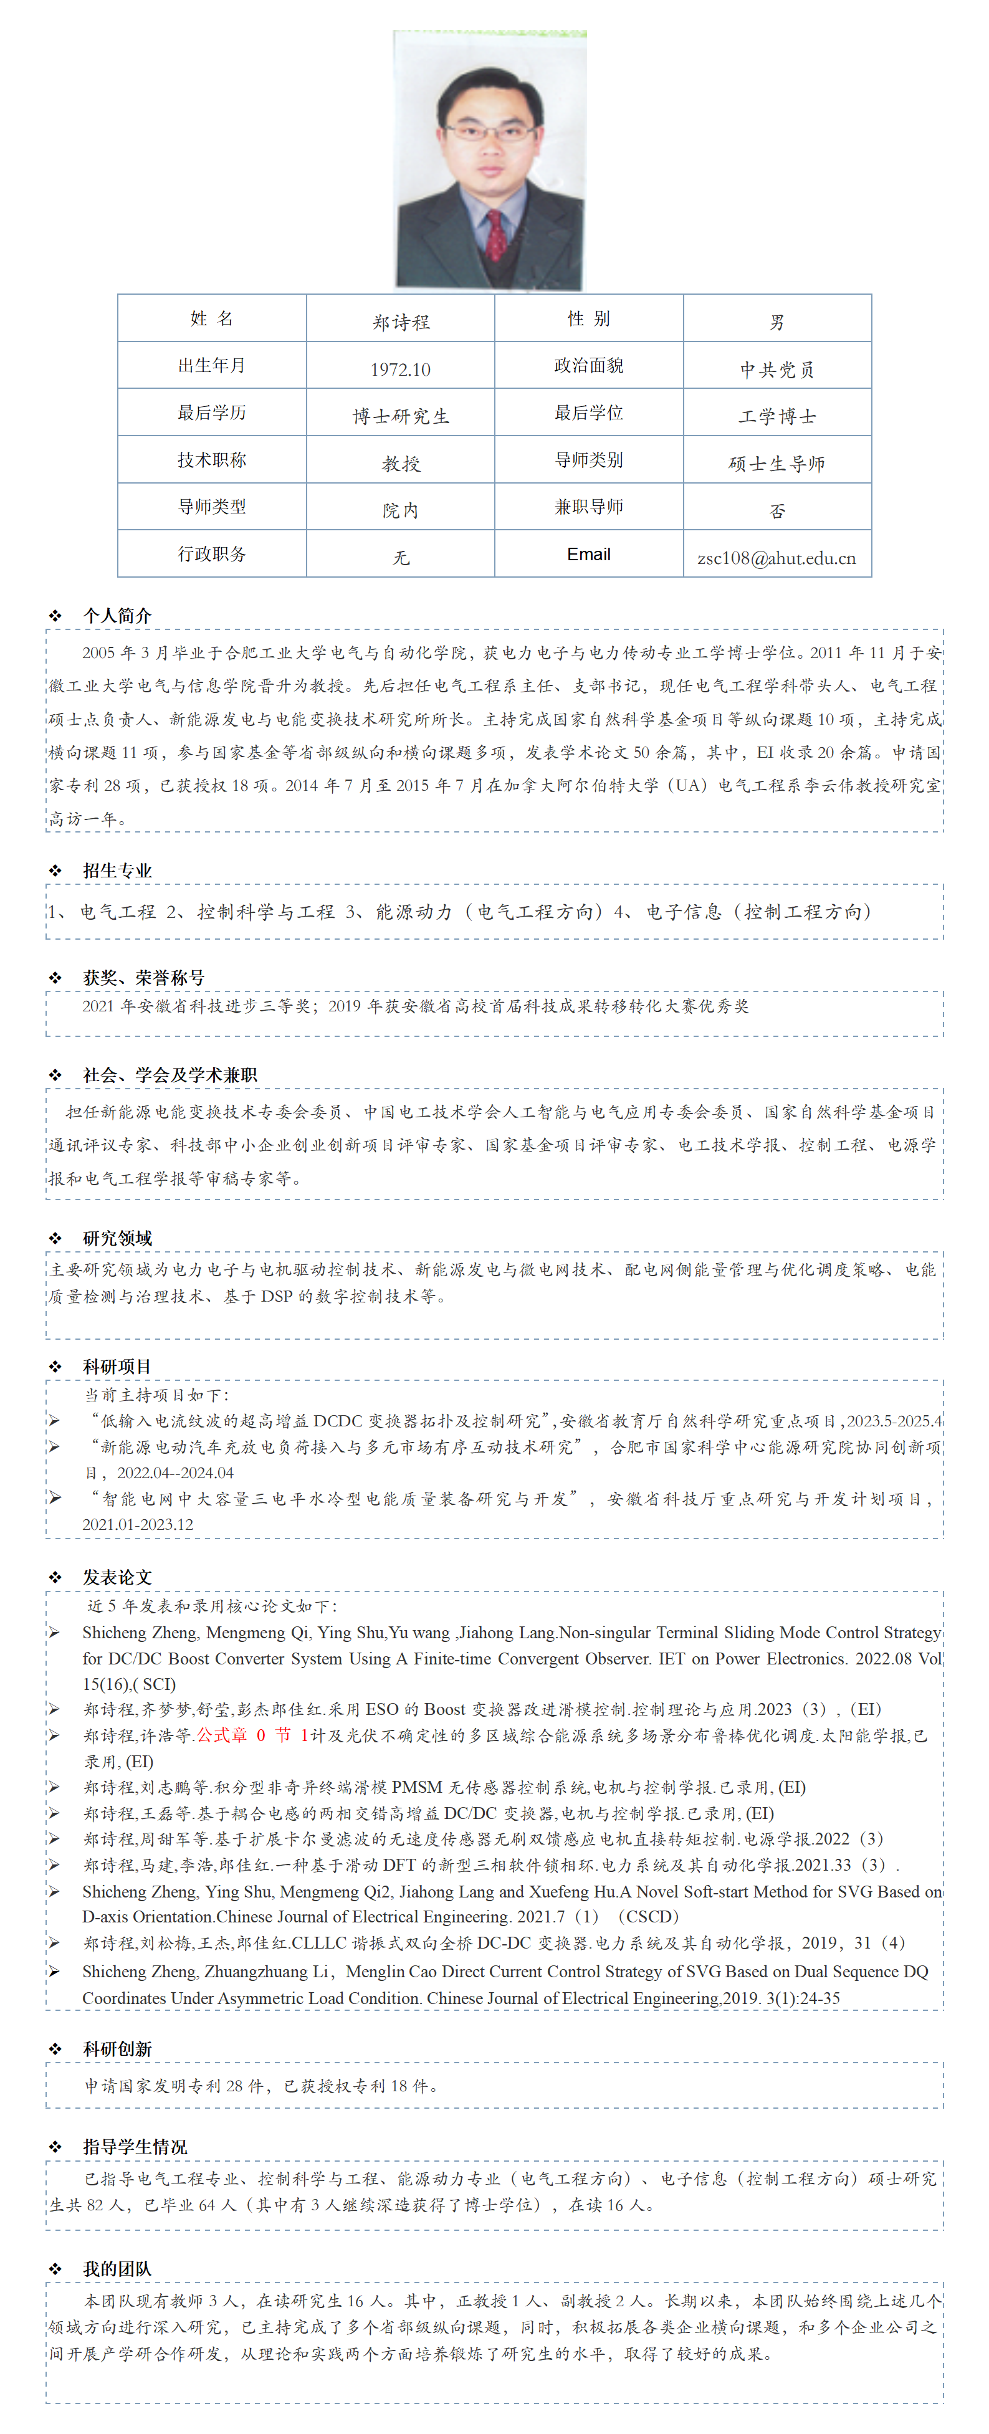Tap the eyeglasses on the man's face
click(489, 132)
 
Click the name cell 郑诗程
click(401, 322)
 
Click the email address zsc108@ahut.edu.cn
click(776, 558)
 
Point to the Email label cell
click(588, 555)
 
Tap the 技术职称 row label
click(212, 460)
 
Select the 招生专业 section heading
click(117, 871)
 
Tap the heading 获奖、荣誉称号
click(143, 978)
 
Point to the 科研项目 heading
click(117, 1367)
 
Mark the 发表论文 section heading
click(117, 1577)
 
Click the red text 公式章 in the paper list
click(222, 1735)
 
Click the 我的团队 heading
click(117, 2269)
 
